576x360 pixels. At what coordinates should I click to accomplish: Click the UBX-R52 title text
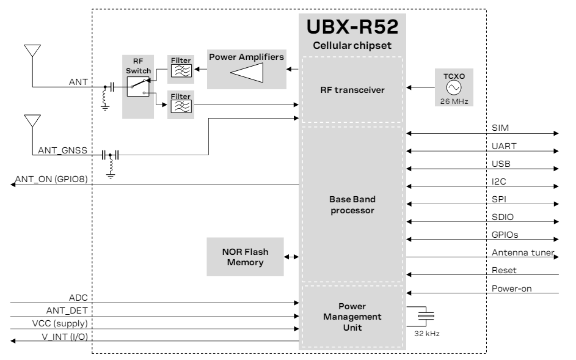coord(352,28)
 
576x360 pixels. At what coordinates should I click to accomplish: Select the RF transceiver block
coord(352,89)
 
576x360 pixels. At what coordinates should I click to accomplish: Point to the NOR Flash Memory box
coord(244,257)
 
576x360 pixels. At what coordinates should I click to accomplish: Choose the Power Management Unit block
coord(352,317)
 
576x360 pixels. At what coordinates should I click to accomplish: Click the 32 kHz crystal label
coord(428,335)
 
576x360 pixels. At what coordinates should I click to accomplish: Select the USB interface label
coord(500,163)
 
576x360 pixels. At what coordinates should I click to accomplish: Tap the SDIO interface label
coord(501,216)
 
